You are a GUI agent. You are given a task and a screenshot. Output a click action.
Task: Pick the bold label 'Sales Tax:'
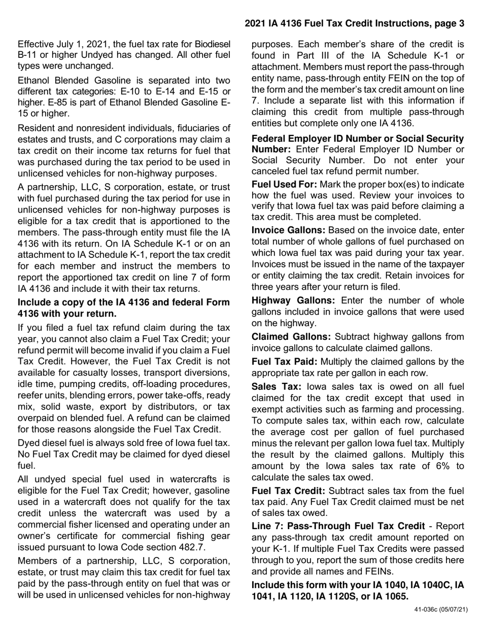click(276, 387)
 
